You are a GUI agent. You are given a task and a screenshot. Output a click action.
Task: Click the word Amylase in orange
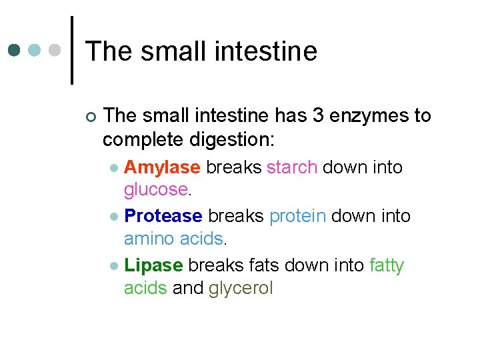[x=162, y=167]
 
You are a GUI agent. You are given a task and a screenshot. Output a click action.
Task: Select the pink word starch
[x=291, y=167]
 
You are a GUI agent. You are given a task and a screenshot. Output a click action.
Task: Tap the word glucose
[x=155, y=191]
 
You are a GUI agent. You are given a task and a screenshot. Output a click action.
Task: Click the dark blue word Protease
[x=163, y=216]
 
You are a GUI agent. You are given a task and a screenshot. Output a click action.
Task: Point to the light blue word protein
[x=297, y=216]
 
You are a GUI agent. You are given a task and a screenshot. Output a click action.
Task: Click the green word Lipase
[x=153, y=265]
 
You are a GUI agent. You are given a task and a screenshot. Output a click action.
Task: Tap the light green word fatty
[x=387, y=265]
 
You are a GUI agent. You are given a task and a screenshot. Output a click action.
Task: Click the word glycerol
[x=241, y=289]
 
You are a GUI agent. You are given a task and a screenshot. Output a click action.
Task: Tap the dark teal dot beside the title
[x=14, y=50]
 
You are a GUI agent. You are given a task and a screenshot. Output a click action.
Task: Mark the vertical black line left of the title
[x=71, y=50]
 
